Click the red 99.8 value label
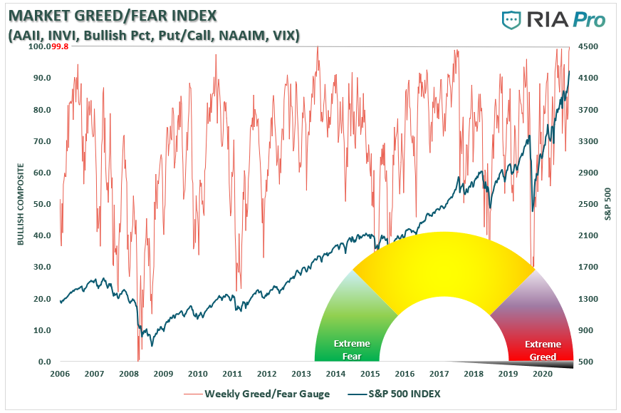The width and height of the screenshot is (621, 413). tap(61, 46)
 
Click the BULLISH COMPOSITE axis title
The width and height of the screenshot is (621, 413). tap(21, 204)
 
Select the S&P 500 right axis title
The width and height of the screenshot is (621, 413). tap(607, 204)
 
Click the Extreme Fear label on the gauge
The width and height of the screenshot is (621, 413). tap(347, 350)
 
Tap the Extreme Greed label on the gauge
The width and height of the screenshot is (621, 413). tap(540, 350)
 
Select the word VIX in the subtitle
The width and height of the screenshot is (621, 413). tap(284, 34)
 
